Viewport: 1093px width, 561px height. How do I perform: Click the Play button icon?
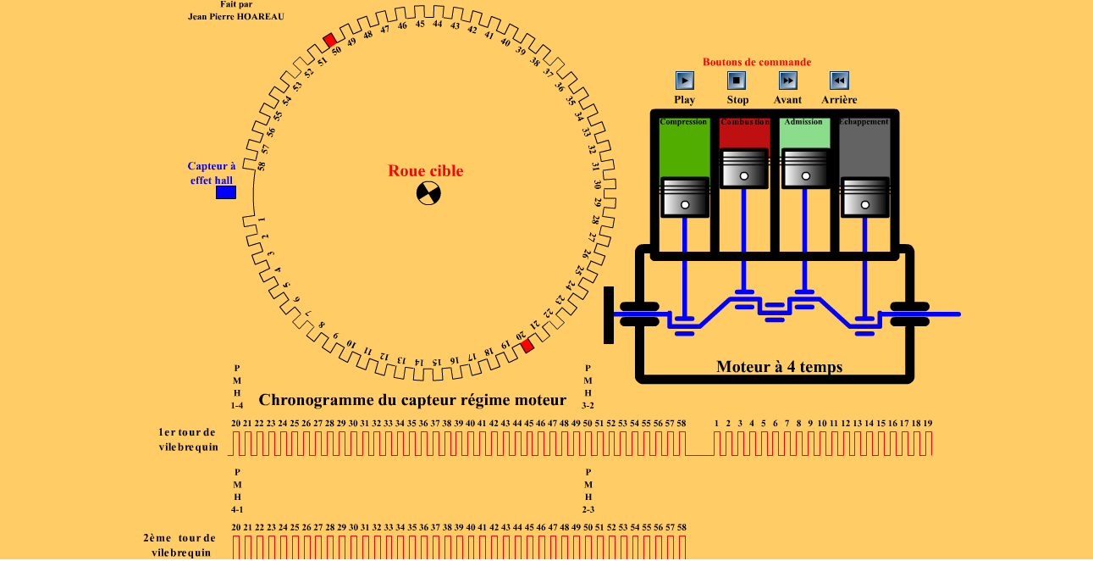click(x=685, y=81)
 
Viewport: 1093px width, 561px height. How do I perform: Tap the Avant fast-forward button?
click(x=788, y=81)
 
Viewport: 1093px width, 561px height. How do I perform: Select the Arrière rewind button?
click(x=839, y=81)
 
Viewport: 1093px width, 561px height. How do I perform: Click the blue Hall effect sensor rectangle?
click(x=226, y=192)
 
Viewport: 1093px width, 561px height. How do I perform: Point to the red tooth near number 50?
click(x=329, y=40)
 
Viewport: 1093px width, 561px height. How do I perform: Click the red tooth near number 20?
click(x=527, y=346)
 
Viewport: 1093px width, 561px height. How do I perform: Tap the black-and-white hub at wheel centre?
click(x=429, y=194)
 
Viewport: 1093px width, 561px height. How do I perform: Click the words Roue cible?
click(x=426, y=171)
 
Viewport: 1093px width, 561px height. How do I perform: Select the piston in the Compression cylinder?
click(x=684, y=197)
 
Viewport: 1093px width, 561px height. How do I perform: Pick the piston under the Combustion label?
click(x=744, y=169)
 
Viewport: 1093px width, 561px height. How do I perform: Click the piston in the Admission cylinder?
click(x=805, y=169)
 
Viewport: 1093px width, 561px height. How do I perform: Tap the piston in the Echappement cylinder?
click(x=865, y=197)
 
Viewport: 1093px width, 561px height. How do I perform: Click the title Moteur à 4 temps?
click(x=779, y=367)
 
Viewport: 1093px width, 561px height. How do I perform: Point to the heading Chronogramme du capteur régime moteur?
click(x=412, y=400)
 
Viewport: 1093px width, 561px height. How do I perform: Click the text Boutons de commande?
click(x=757, y=62)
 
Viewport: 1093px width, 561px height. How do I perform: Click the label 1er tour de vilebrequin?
click(x=187, y=440)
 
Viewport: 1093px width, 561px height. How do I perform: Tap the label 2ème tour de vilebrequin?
click(x=179, y=545)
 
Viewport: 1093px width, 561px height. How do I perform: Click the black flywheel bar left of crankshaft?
click(x=608, y=314)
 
